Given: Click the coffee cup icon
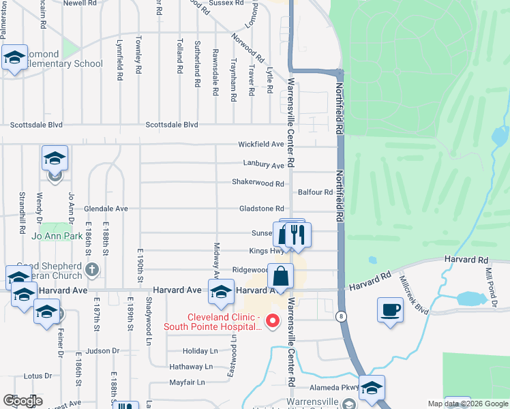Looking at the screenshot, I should point(390,310).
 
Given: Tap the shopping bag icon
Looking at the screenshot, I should point(280,277).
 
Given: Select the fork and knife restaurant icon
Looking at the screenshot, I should point(297,235).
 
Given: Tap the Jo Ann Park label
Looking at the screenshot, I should point(52,237).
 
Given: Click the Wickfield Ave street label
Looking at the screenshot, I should point(260,145).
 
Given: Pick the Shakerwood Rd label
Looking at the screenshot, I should point(257,183).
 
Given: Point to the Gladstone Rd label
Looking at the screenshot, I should point(260,209).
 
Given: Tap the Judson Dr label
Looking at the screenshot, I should point(102,351).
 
